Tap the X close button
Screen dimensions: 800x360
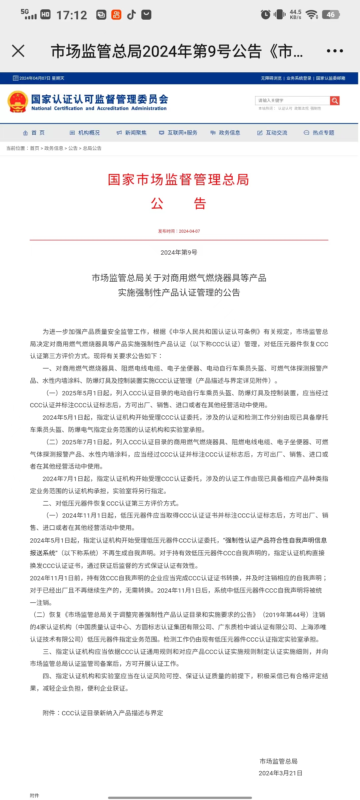tap(18, 51)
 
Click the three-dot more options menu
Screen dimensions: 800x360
tap(335, 51)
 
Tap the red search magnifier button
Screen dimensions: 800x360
tap(335, 101)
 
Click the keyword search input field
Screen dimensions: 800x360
tap(292, 101)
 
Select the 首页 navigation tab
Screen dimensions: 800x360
tap(34, 133)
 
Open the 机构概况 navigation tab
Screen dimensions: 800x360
tap(85, 133)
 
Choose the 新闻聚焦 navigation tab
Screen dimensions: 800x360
tap(132, 133)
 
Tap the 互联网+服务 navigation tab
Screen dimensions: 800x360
tap(178, 133)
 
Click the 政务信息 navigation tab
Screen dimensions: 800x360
tap(225, 133)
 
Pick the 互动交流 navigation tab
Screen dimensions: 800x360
tap(272, 133)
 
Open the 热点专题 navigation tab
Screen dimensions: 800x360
tap(319, 133)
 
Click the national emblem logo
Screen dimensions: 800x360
tap(18, 102)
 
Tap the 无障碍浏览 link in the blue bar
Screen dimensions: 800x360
tap(271, 78)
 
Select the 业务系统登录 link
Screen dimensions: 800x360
tap(299, 78)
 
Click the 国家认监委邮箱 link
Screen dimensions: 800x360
tap(330, 78)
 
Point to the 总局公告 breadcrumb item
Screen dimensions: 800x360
tap(92, 148)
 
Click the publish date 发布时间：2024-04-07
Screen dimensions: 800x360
tap(179, 231)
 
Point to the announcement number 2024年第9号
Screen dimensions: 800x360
tap(179, 253)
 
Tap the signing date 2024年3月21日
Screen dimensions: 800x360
tap(280, 773)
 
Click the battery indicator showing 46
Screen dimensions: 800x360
tap(331, 15)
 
